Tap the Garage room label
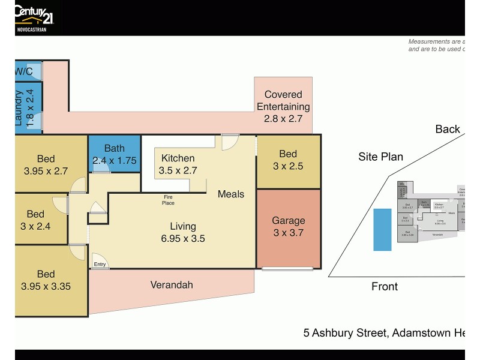pos(289,226)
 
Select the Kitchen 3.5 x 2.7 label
pos(178,164)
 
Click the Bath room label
pos(114,154)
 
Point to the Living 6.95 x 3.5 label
pos(182,232)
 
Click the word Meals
pos(231,194)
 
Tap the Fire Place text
pos(168,200)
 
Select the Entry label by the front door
pos(100,264)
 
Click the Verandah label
pos(172,285)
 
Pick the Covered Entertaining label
pos(283,107)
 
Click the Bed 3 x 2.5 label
pos(288,160)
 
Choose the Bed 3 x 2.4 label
pos(35,220)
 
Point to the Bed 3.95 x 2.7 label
pos(46,165)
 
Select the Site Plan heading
pos(380,157)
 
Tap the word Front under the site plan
pos(384,287)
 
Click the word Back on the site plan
pos(448,129)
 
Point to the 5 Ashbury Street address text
pos(383,332)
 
